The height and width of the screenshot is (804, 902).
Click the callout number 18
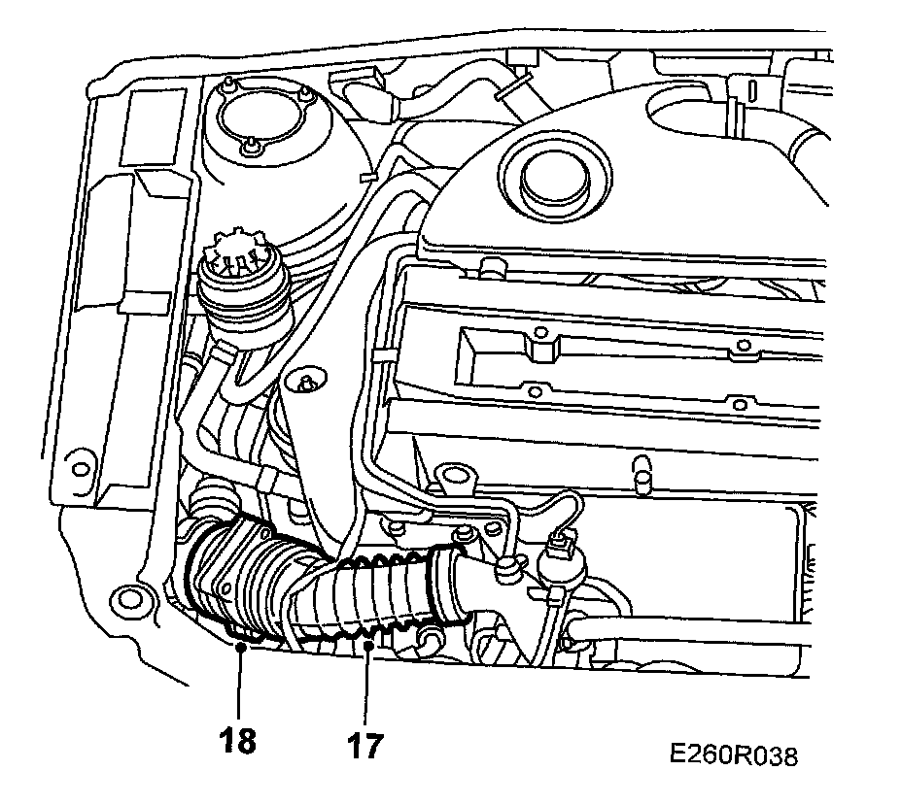pos(238,741)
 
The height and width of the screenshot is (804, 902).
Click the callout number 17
pos(365,746)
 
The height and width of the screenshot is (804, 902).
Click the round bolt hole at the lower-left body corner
pos(125,597)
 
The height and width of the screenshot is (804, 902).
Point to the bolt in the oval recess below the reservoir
pos(307,382)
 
